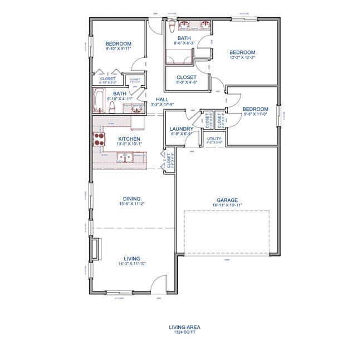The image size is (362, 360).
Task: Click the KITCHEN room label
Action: (x=129, y=139)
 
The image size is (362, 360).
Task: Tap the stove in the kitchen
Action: (x=100, y=139)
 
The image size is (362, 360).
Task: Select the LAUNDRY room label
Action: (x=181, y=129)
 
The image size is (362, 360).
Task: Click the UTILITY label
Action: (x=214, y=138)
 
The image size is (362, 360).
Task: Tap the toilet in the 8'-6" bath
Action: (x=172, y=26)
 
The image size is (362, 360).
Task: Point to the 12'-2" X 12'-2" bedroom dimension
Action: (x=243, y=57)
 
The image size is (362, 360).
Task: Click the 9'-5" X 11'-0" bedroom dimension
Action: (x=256, y=114)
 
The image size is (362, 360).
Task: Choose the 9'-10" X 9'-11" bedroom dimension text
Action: (x=119, y=49)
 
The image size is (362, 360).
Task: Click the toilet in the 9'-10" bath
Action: (x=112, y=106)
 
